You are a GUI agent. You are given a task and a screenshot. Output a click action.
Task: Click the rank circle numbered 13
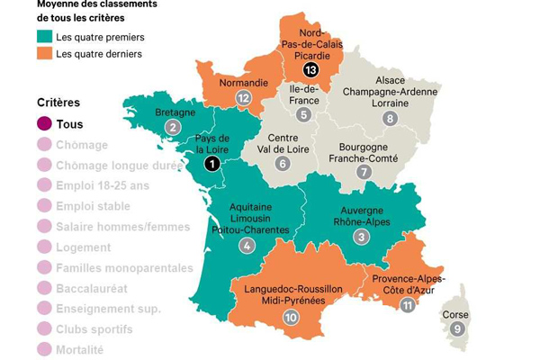(x=311, y=69)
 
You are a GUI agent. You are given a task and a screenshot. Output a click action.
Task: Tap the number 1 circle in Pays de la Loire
(x=211, y=163)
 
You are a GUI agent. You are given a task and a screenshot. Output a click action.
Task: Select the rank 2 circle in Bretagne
(x=172, y=127)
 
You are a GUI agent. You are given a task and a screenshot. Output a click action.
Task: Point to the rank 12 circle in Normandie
(x=242, y=98)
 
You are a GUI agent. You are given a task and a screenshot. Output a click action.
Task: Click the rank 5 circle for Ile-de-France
(x=304, y=114)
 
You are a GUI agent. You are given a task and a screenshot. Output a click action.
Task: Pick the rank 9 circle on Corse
(x=458, y=328)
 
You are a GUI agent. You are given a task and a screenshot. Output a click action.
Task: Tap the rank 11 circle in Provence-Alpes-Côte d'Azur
(x=408, y=305)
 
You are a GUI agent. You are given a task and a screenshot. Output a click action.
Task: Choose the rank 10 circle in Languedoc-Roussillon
(x=291, y=317)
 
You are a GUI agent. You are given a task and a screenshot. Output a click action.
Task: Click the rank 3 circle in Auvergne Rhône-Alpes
(x=361, y=237)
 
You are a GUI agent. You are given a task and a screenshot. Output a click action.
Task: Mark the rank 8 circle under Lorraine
(x=390, y=118)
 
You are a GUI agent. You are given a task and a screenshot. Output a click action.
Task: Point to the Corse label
(x=455, y=315)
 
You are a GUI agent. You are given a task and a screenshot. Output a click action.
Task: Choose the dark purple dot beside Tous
(x=44, y=124)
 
